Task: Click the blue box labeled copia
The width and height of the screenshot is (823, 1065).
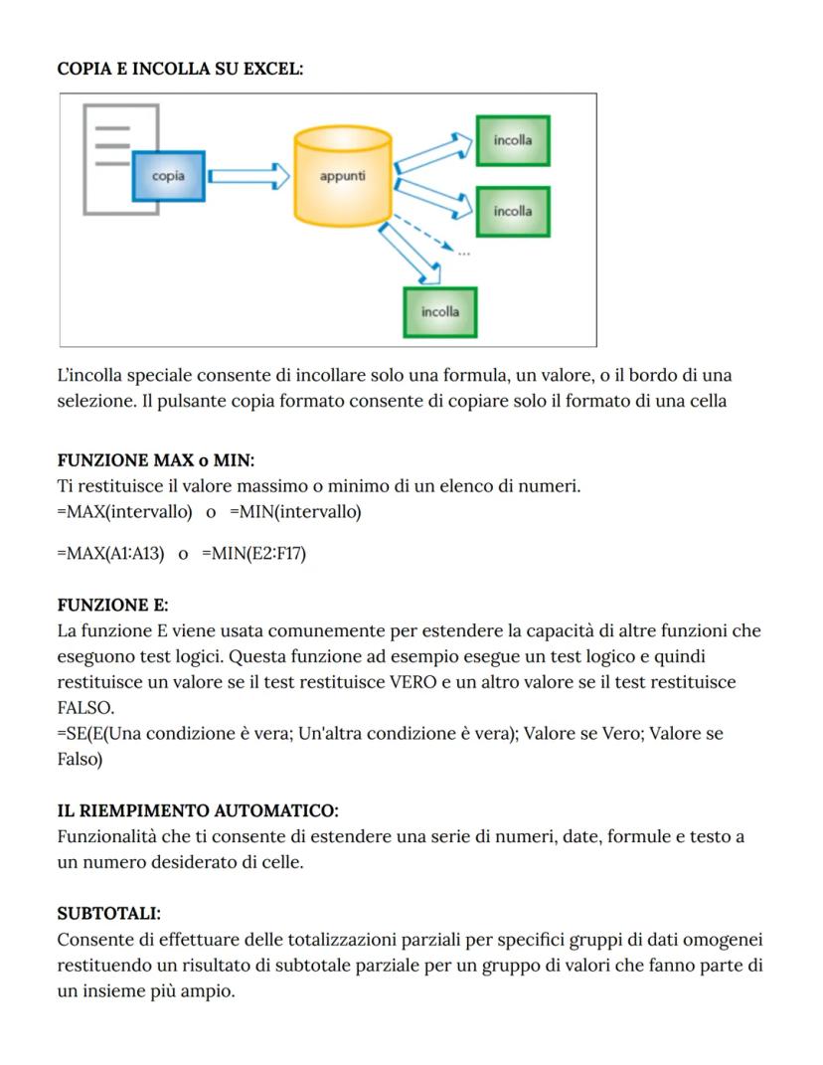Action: click(168, 176)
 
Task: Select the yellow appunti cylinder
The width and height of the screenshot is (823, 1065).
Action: click(342, 176)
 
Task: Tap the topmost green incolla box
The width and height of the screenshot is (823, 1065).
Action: click(512, 140)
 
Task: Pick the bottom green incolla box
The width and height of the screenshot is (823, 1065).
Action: click(439, 311)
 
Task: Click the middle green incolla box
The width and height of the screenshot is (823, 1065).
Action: click(512, 211)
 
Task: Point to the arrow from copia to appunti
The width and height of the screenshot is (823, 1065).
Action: click(247, 177)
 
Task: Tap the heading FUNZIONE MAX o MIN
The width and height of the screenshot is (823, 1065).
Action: click(156, 460)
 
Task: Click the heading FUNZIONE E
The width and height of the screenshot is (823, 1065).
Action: click(112, 605)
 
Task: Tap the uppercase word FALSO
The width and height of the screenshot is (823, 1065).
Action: click(84, 708)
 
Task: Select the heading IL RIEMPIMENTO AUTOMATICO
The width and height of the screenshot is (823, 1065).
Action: click(198, 810)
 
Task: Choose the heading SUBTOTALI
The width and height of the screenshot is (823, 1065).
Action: click(108, 913)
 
